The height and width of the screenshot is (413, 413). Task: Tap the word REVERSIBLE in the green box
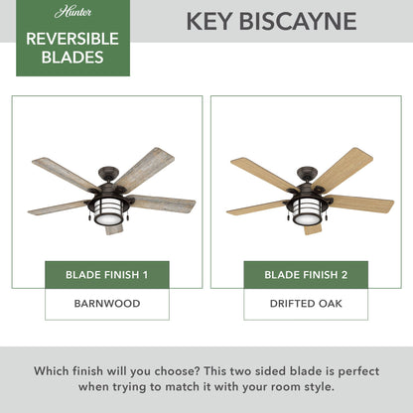click(x=70, y=39)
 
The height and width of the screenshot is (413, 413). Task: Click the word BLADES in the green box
click(x=70, y=58)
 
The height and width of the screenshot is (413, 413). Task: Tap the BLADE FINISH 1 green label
click(x=107, y=275)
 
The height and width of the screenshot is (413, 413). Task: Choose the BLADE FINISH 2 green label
click(x=306, y=275)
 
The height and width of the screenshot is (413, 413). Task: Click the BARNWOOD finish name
click(x=107, y=305)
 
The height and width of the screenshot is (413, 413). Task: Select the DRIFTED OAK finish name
click(x=306, y=305)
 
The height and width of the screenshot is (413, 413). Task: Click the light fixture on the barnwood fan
click(x=107, y=214)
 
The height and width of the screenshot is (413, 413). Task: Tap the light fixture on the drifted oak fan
click(x=307, y=214)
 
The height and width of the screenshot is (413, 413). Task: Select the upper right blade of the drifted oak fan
click(x=344, y=168)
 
